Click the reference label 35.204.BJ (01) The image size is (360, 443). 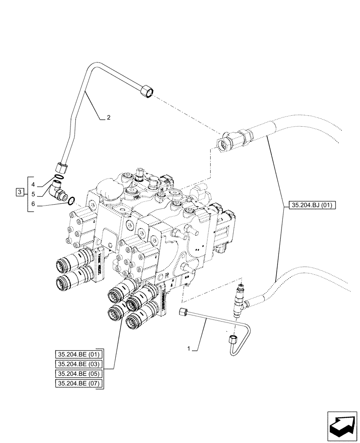[313, 205]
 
